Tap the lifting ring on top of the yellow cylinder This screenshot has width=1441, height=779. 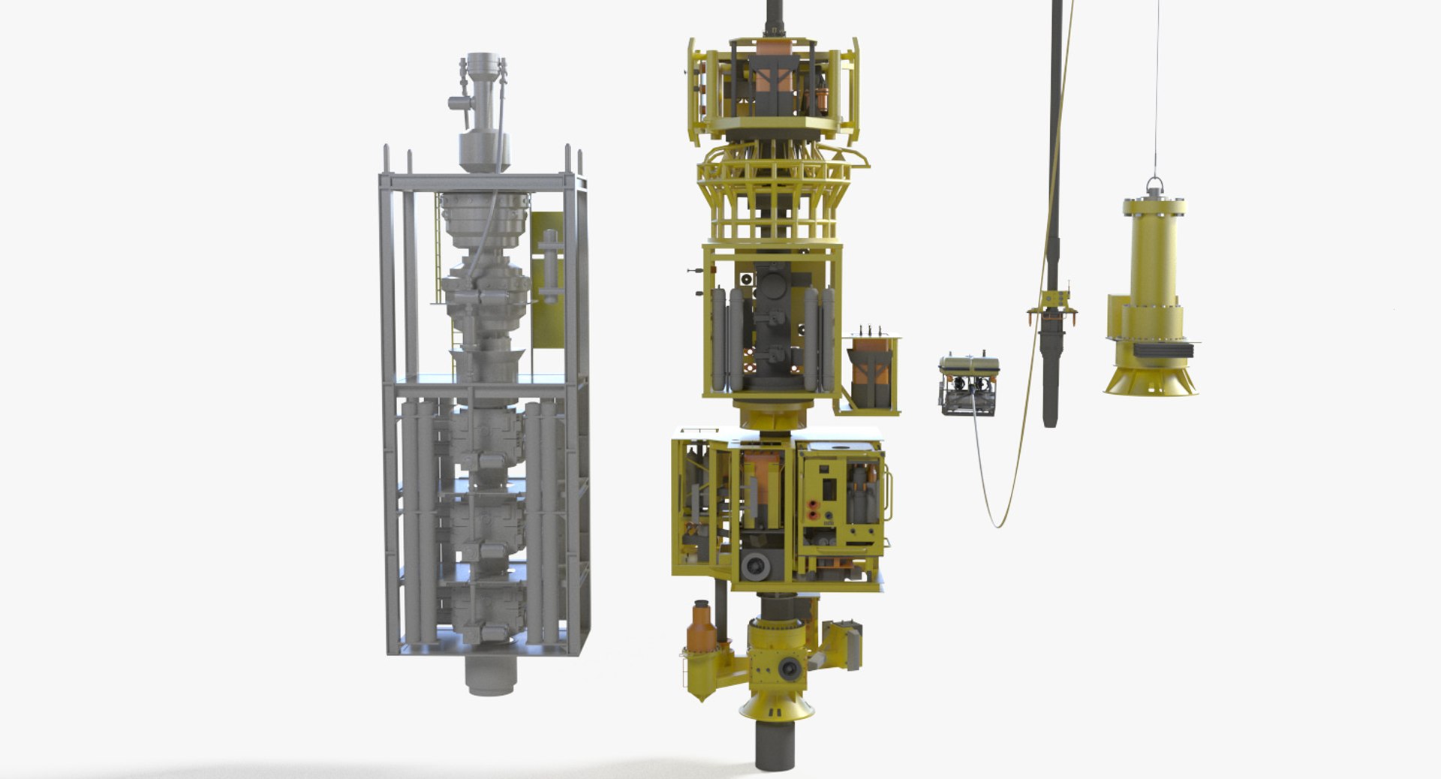click(x=1155, y=184)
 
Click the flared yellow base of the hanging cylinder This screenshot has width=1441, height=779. click(x=1150, y=380)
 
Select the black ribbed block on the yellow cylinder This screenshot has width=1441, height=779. click(x=1162, y=349)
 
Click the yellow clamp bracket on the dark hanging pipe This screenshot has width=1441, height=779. click(x=1052, y=309)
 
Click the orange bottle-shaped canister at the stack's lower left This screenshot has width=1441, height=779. click(x=702, y=627)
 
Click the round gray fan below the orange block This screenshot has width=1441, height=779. click(x=754, y=566)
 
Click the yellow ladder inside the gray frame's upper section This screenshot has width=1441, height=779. click(x=438, y=248)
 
